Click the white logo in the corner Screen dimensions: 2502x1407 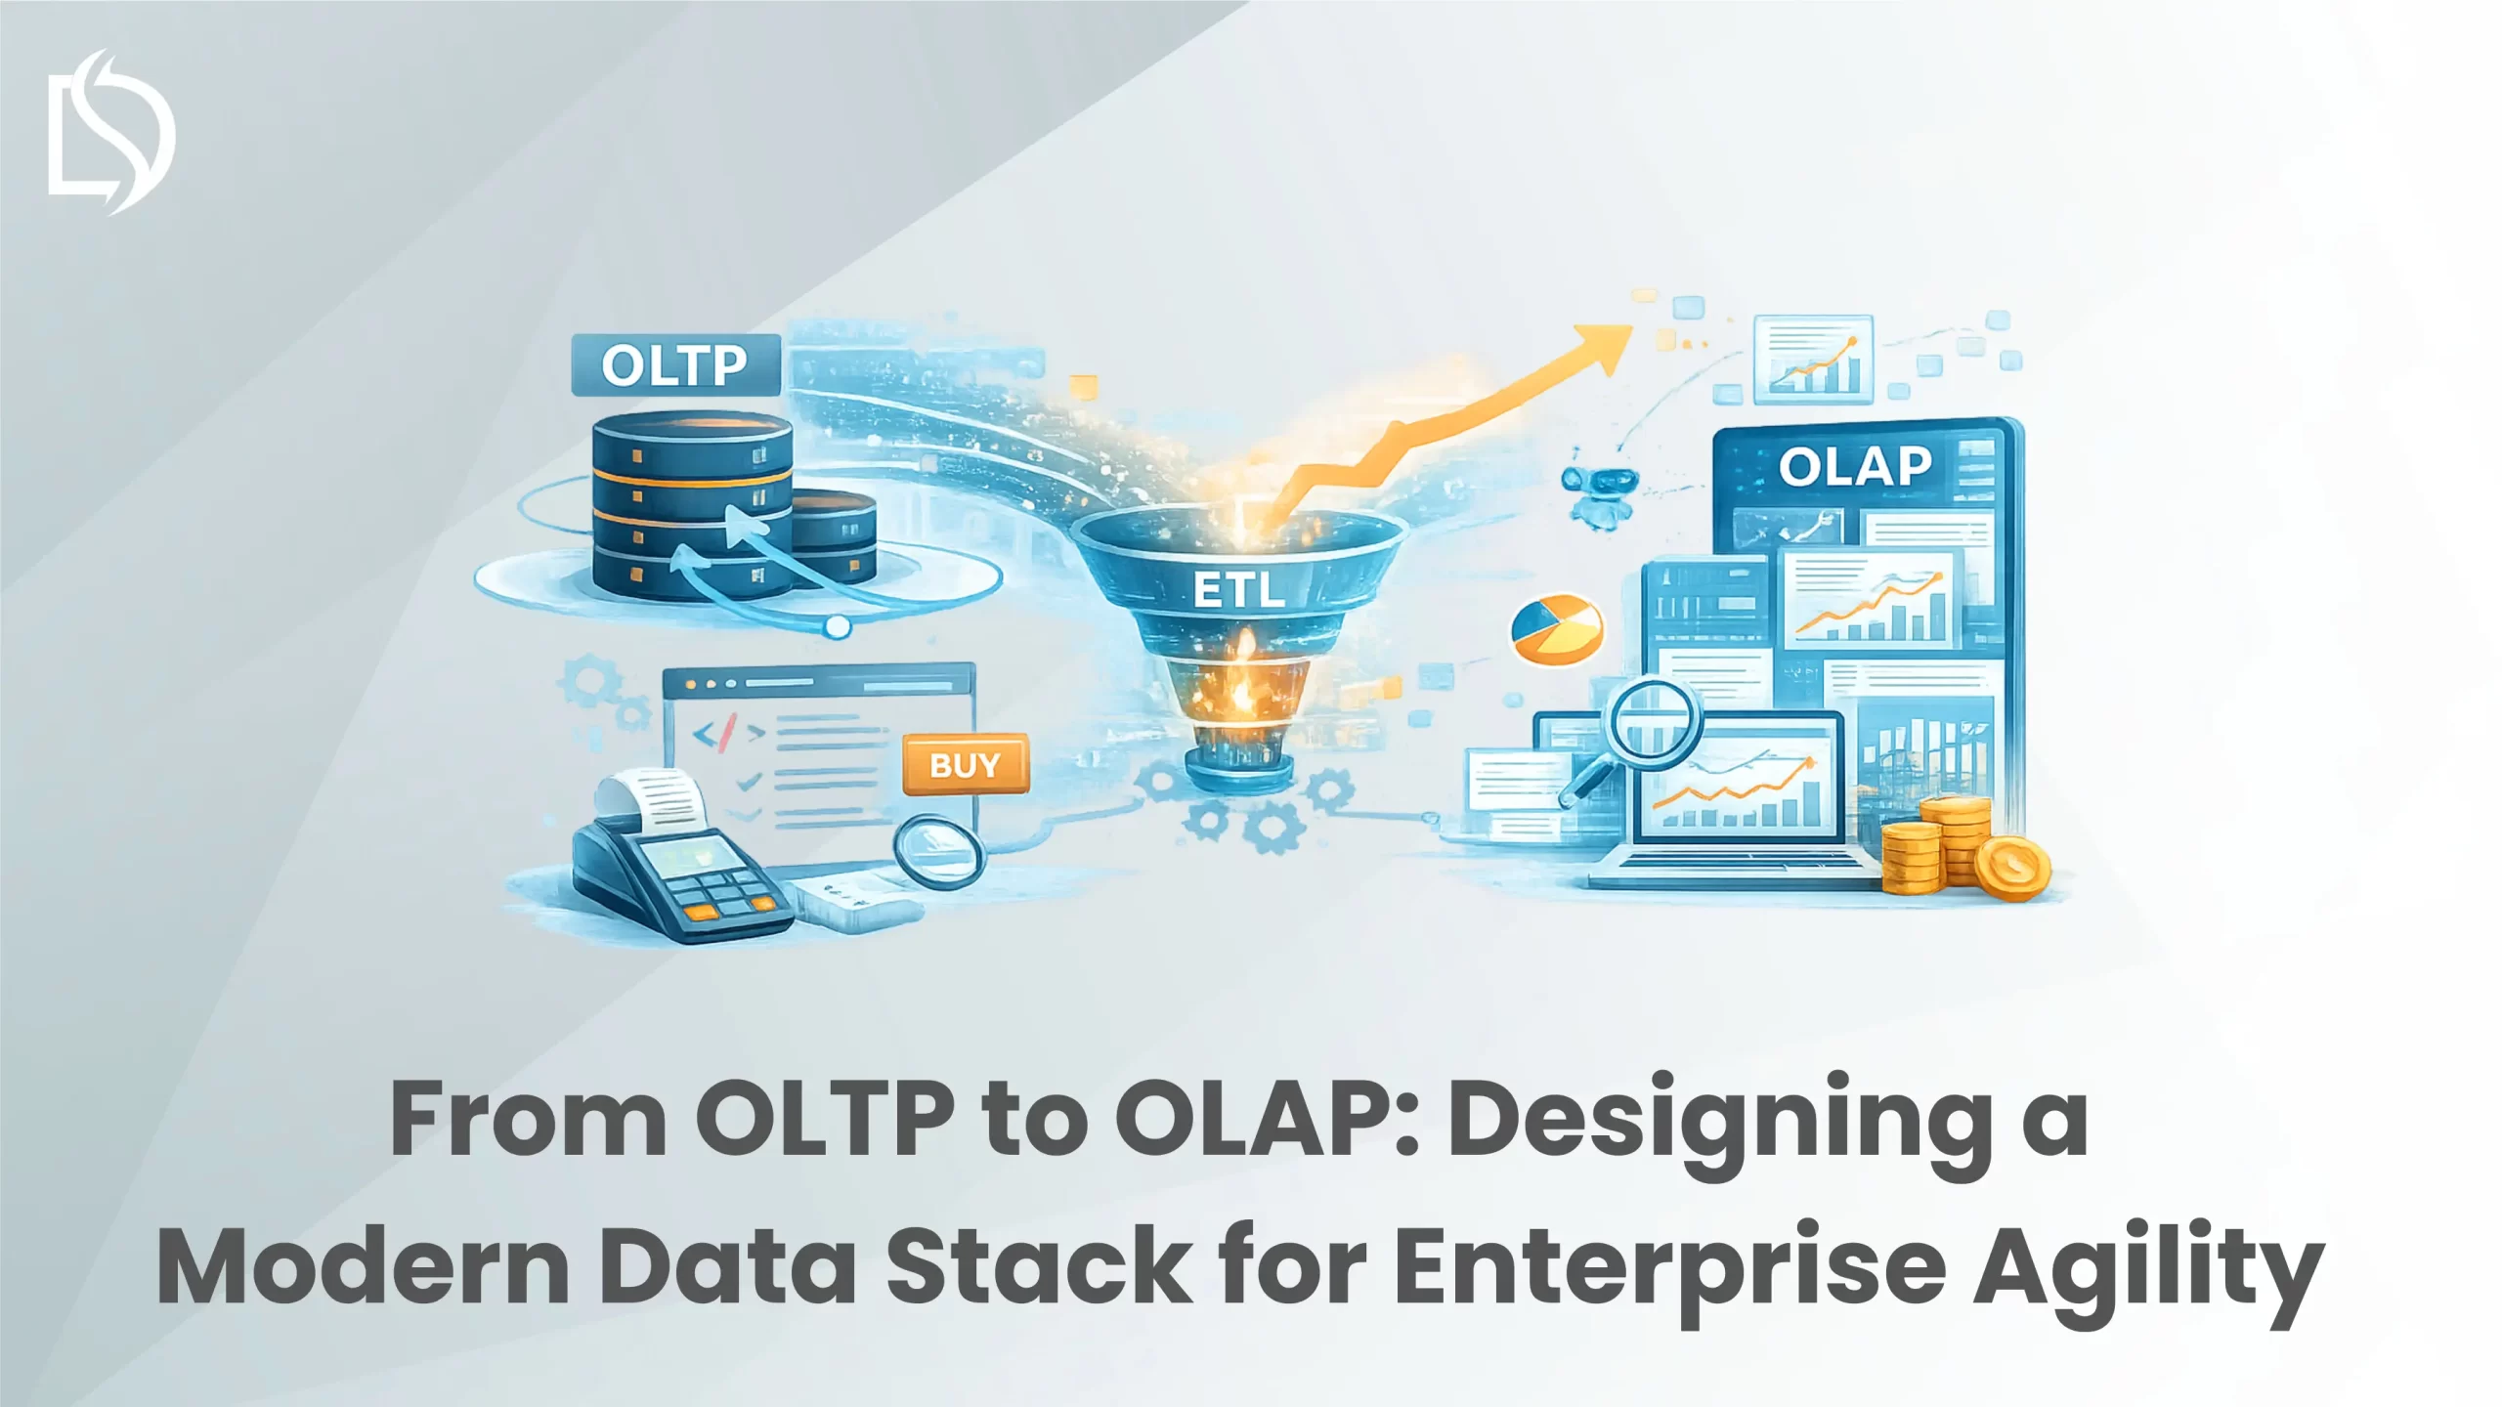(110, 132)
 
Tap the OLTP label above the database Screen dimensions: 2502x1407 (674, 366)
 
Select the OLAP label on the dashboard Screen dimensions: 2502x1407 (1855, 466)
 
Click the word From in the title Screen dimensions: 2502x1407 (528, 1123)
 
